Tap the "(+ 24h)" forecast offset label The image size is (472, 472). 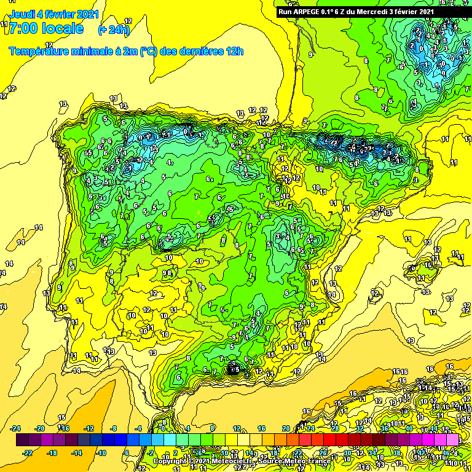click(114, 29)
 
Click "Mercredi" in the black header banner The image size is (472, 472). click(374, 11)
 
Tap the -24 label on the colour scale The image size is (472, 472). click(17, 428)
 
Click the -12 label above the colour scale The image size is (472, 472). click(88, 428)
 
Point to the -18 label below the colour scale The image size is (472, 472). click(53, 453)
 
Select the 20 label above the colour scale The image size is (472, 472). click(286, 428)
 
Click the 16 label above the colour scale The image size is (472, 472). click(261, 428)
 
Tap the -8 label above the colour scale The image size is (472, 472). click(113, 428)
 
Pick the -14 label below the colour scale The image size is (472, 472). click(77, 453)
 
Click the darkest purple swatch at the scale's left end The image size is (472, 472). click(22, 440)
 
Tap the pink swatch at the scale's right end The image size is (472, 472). click(453, 440)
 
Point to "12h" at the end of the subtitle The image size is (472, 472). click(234, 51)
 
